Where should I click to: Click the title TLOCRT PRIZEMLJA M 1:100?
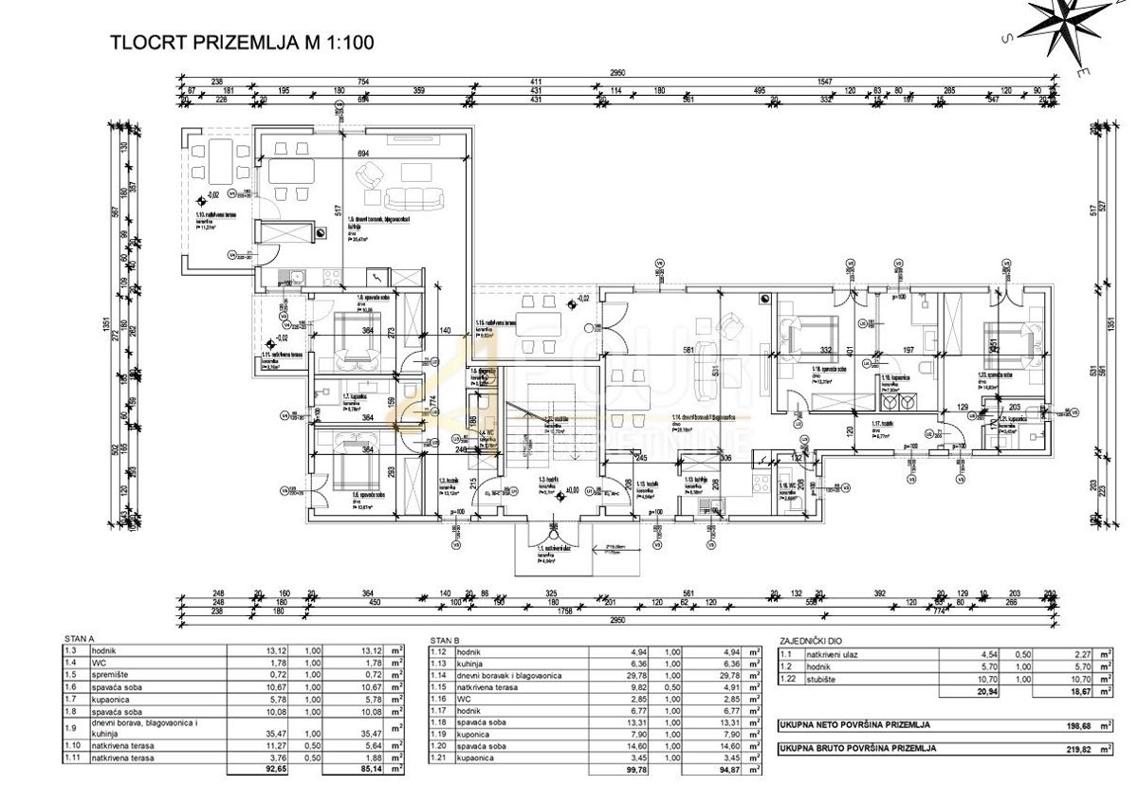pyautogui.click(x=242, y=42)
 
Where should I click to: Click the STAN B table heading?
pyautogui.click(x=445, y=639)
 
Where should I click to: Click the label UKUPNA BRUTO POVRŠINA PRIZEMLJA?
pyautogui.click(x=857, y=749)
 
